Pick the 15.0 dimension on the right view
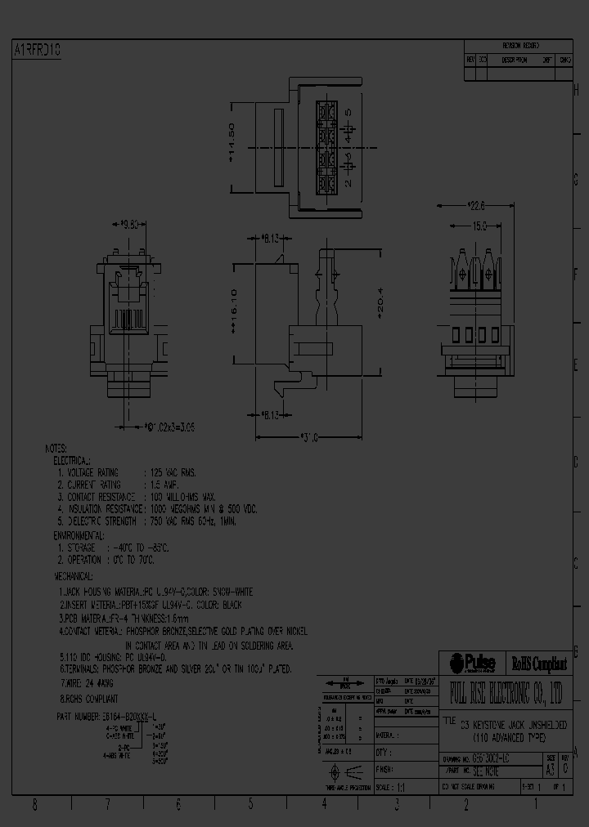(x=479, y=225)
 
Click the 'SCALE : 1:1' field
(x=390, y=787)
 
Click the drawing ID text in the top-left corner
(x=38, y=51)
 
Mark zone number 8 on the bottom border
(x=34, y=804)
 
